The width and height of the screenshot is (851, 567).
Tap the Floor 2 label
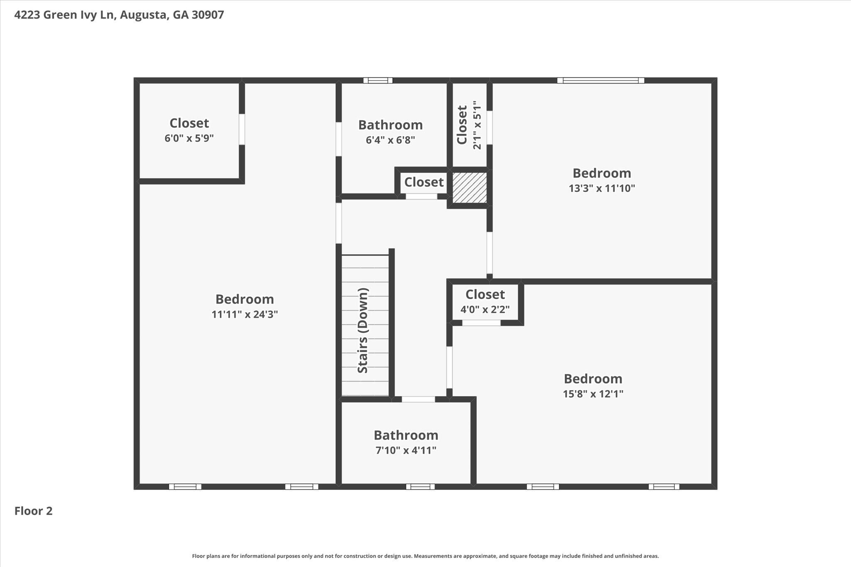[34, 511]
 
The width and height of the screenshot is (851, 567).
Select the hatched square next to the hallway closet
[470, 188]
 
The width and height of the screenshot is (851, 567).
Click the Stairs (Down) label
[363, 330]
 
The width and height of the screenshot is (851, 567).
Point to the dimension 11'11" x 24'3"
[245, 314]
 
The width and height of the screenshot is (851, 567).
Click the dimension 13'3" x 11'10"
[602, 188]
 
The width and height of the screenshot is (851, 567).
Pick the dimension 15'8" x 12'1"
[593, 394]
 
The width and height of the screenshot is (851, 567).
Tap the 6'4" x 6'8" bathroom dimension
[390, 140]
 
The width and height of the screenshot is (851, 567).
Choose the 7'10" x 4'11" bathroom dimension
[406, 450]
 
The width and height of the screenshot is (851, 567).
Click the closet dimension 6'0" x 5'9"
[189, 138]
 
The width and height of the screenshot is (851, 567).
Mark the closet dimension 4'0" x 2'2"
[485, 309]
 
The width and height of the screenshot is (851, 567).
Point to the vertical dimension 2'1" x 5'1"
[477, 125]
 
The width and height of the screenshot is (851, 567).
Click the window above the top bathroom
[378, 81]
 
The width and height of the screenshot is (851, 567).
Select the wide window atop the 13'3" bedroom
[601, 81]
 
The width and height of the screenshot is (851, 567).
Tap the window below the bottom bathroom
[420, 487]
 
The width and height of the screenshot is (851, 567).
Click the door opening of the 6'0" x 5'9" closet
[242, 129]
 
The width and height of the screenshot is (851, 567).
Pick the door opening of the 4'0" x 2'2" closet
[481, 323]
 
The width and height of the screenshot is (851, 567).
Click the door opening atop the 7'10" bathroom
[418, 399]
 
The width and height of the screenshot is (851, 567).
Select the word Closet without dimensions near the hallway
[424, 182]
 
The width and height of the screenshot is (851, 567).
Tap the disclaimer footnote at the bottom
[425, 556]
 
